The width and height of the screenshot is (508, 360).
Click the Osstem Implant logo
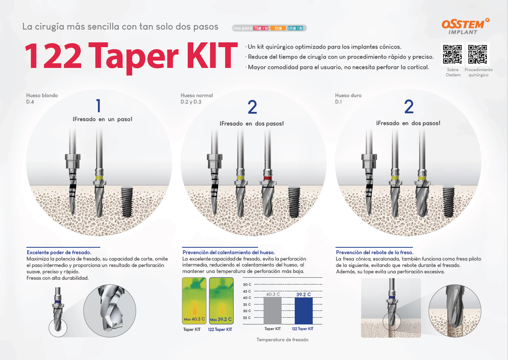(x=465, y=26)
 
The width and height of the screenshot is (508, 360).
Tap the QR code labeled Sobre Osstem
(x=452, y=54)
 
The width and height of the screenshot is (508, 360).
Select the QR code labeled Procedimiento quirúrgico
(x=478, y=54)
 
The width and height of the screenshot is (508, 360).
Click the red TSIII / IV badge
(x=261, y=28)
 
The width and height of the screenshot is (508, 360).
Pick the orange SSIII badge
(x=278, y=28)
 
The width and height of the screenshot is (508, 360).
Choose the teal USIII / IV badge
(x=295, y=28)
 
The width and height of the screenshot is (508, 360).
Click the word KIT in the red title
(x=212, y=56)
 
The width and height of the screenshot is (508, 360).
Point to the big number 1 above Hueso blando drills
(x=98, y=105)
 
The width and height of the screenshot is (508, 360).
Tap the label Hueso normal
(x=196, y=95)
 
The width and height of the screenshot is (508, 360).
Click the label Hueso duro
(x=348, y=95)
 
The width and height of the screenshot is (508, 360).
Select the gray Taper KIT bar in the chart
(x=272, y=310)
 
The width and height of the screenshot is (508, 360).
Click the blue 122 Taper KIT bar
(x=304, y=310)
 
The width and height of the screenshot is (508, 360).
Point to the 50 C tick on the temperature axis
(x=247, y=284)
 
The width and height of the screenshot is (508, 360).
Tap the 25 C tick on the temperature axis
(x=247, y=318)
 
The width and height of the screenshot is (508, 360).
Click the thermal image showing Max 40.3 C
(x=194, y=301)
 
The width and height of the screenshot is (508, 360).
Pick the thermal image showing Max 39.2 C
(x=221, y=301)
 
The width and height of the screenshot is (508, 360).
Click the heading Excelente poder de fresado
(x=59, y=252)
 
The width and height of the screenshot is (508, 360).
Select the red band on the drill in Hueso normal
(x=268, y=178)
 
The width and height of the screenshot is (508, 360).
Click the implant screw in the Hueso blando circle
(x=127, y=202)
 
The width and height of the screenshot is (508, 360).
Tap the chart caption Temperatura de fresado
(x=282, y=340)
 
